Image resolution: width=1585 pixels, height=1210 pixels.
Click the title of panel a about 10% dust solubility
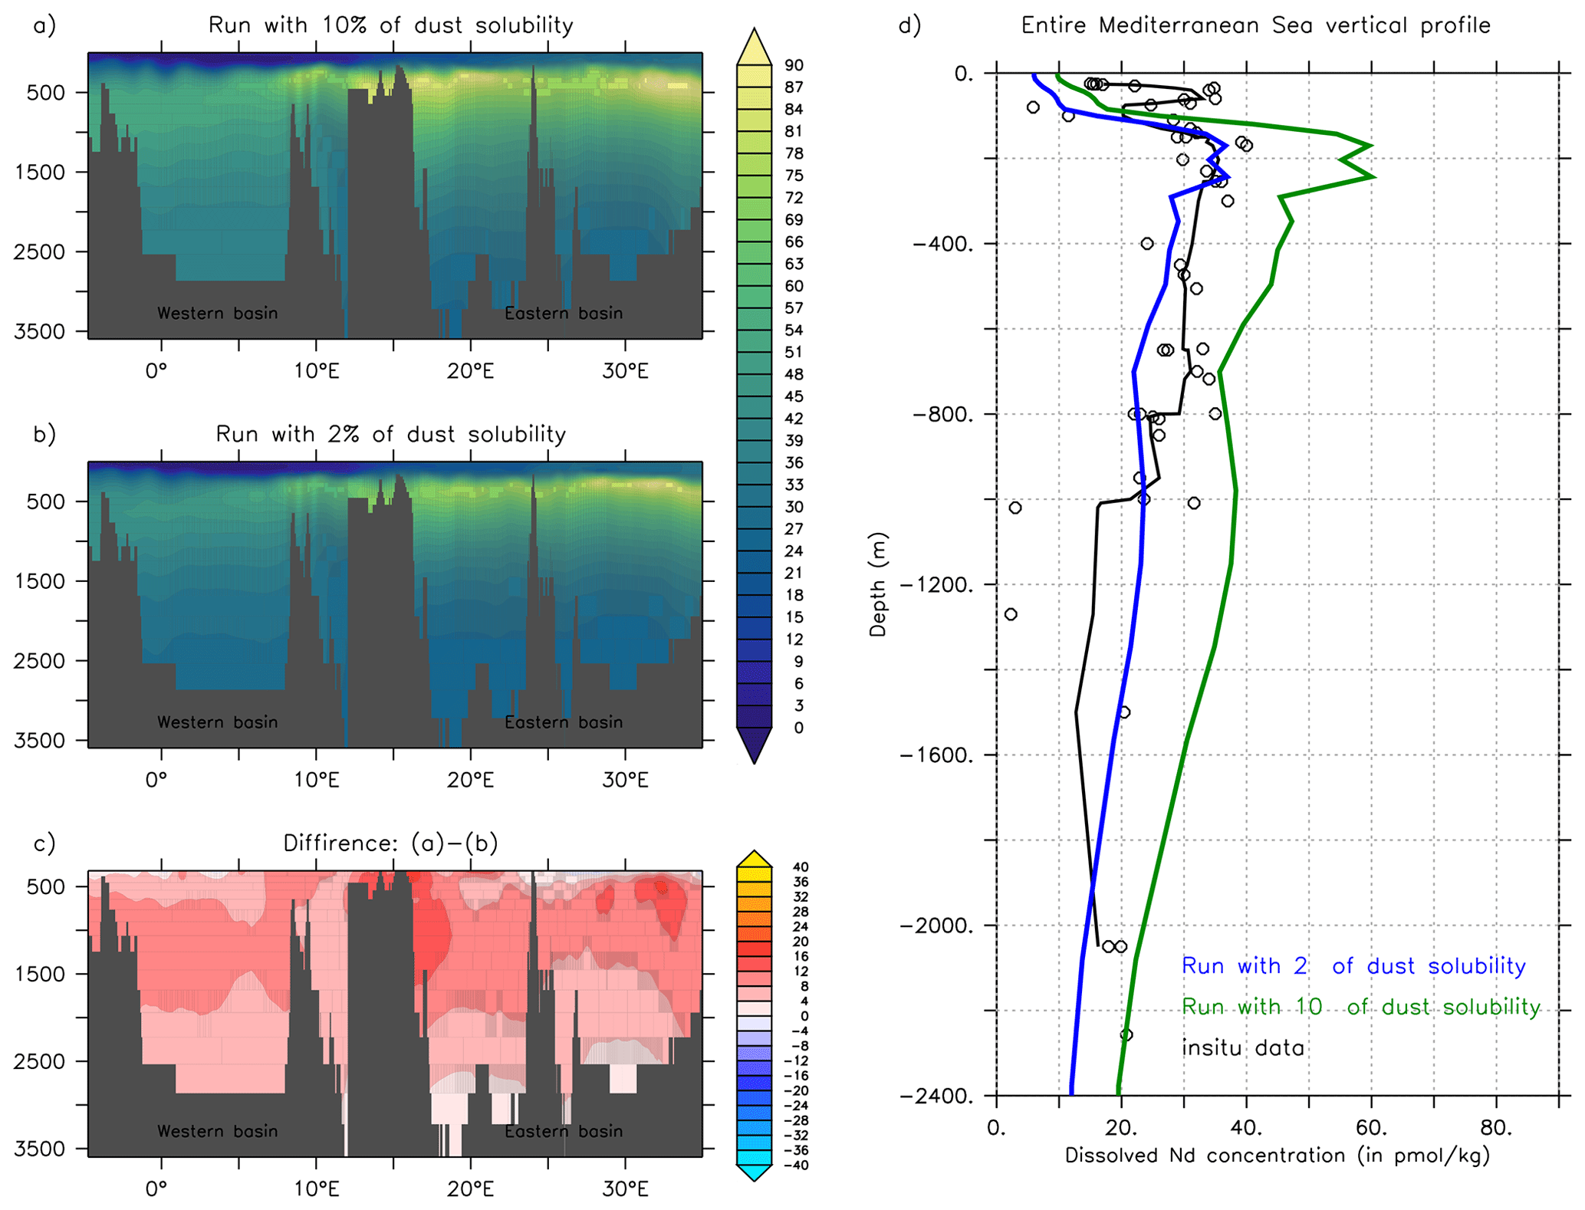(x=390, y=25)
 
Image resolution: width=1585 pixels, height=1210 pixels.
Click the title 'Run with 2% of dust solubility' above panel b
(x=390, y=434)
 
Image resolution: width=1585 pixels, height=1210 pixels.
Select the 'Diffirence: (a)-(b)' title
(x=390, y=843)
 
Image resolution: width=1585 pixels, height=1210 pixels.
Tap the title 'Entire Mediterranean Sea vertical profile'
(x=1255, y=25)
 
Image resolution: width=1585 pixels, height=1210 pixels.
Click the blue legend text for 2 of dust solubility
(x=1353, y=965)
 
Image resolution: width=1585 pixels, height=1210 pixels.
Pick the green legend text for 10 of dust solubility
(x=1360, y=1006)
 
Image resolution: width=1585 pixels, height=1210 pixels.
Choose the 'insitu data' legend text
(x=1242, y=1047)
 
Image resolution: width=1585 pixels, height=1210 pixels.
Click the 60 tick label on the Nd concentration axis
(x=1371, y=1128)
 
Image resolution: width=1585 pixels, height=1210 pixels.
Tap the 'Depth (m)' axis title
(x=878, y=584)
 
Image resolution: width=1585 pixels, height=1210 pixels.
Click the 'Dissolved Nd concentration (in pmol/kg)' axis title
(x=1277, y=1156)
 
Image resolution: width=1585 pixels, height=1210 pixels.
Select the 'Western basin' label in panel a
(x=217, y=313)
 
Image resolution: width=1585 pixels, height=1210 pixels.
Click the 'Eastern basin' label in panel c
(x=563, y=1131)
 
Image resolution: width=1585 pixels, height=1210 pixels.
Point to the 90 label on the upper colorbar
(x=794, y=65)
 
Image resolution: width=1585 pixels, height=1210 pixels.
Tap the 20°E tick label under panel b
(x=470, y=781)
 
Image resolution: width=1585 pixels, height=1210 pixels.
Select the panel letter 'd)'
(x=909, y=25)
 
